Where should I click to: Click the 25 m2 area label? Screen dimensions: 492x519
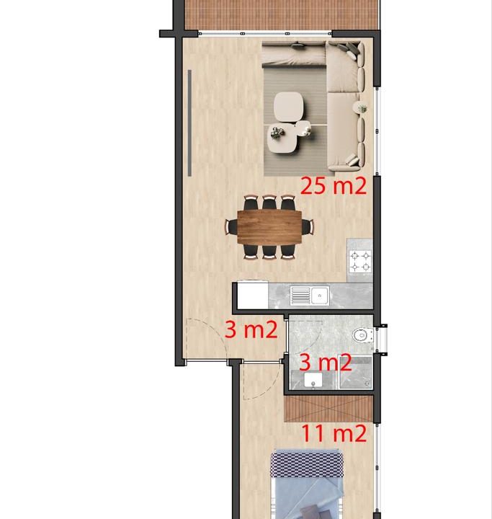334,186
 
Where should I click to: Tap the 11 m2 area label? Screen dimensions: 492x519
334,433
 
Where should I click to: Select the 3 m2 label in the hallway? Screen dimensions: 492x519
251,329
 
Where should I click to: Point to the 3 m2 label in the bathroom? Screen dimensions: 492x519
326,362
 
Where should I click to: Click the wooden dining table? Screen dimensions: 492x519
269,227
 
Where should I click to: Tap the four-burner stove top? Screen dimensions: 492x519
360,261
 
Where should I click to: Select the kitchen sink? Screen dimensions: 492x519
310,296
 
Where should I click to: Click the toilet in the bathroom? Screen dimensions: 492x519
362,335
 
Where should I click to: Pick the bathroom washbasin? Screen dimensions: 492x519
313,380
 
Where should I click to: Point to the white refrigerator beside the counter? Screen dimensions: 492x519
252,295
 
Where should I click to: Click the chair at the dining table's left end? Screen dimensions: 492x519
231,227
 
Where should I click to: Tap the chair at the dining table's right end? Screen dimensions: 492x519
308,227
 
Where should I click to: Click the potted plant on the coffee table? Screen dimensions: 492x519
277,133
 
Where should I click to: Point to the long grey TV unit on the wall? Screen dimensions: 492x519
189,123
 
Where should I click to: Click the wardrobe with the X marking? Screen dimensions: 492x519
328,409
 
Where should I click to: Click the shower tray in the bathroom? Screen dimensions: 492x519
354,372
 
